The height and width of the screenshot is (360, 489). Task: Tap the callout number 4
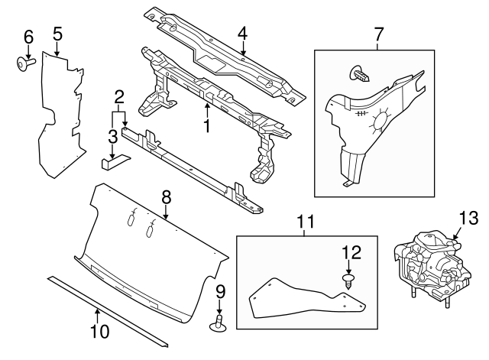click(x=242, y=33)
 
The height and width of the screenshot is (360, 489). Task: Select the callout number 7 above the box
click(x=377, y=34)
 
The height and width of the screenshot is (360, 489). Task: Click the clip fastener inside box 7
click(x=361, y=74)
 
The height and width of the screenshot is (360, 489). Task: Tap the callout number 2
click(x=119, y=97)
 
